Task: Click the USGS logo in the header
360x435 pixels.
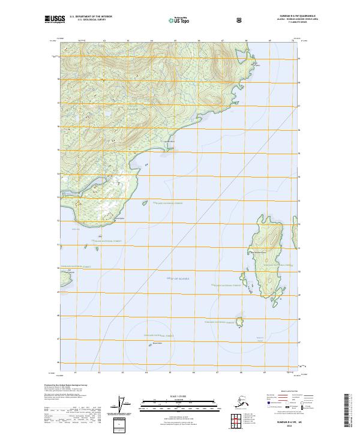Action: click(55, 20)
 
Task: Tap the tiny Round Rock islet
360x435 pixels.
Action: click(151, 345)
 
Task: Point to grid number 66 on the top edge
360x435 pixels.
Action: click(198, 40)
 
